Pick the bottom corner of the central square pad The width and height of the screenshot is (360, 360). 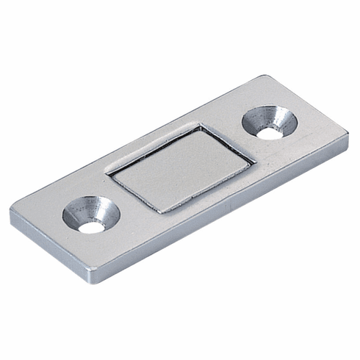163,213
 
